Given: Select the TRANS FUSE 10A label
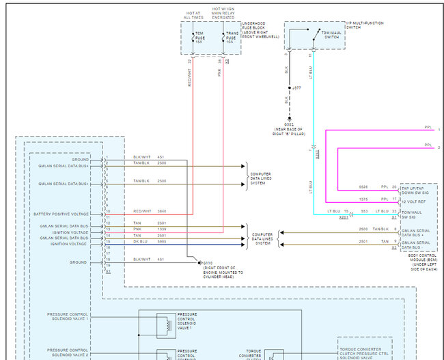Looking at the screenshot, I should point(232,37).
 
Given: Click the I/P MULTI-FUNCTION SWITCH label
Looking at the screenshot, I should point(366,25).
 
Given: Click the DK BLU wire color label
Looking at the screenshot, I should point(140,242).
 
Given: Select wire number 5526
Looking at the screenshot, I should point(364,186).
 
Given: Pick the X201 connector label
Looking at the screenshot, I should point(344,217).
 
